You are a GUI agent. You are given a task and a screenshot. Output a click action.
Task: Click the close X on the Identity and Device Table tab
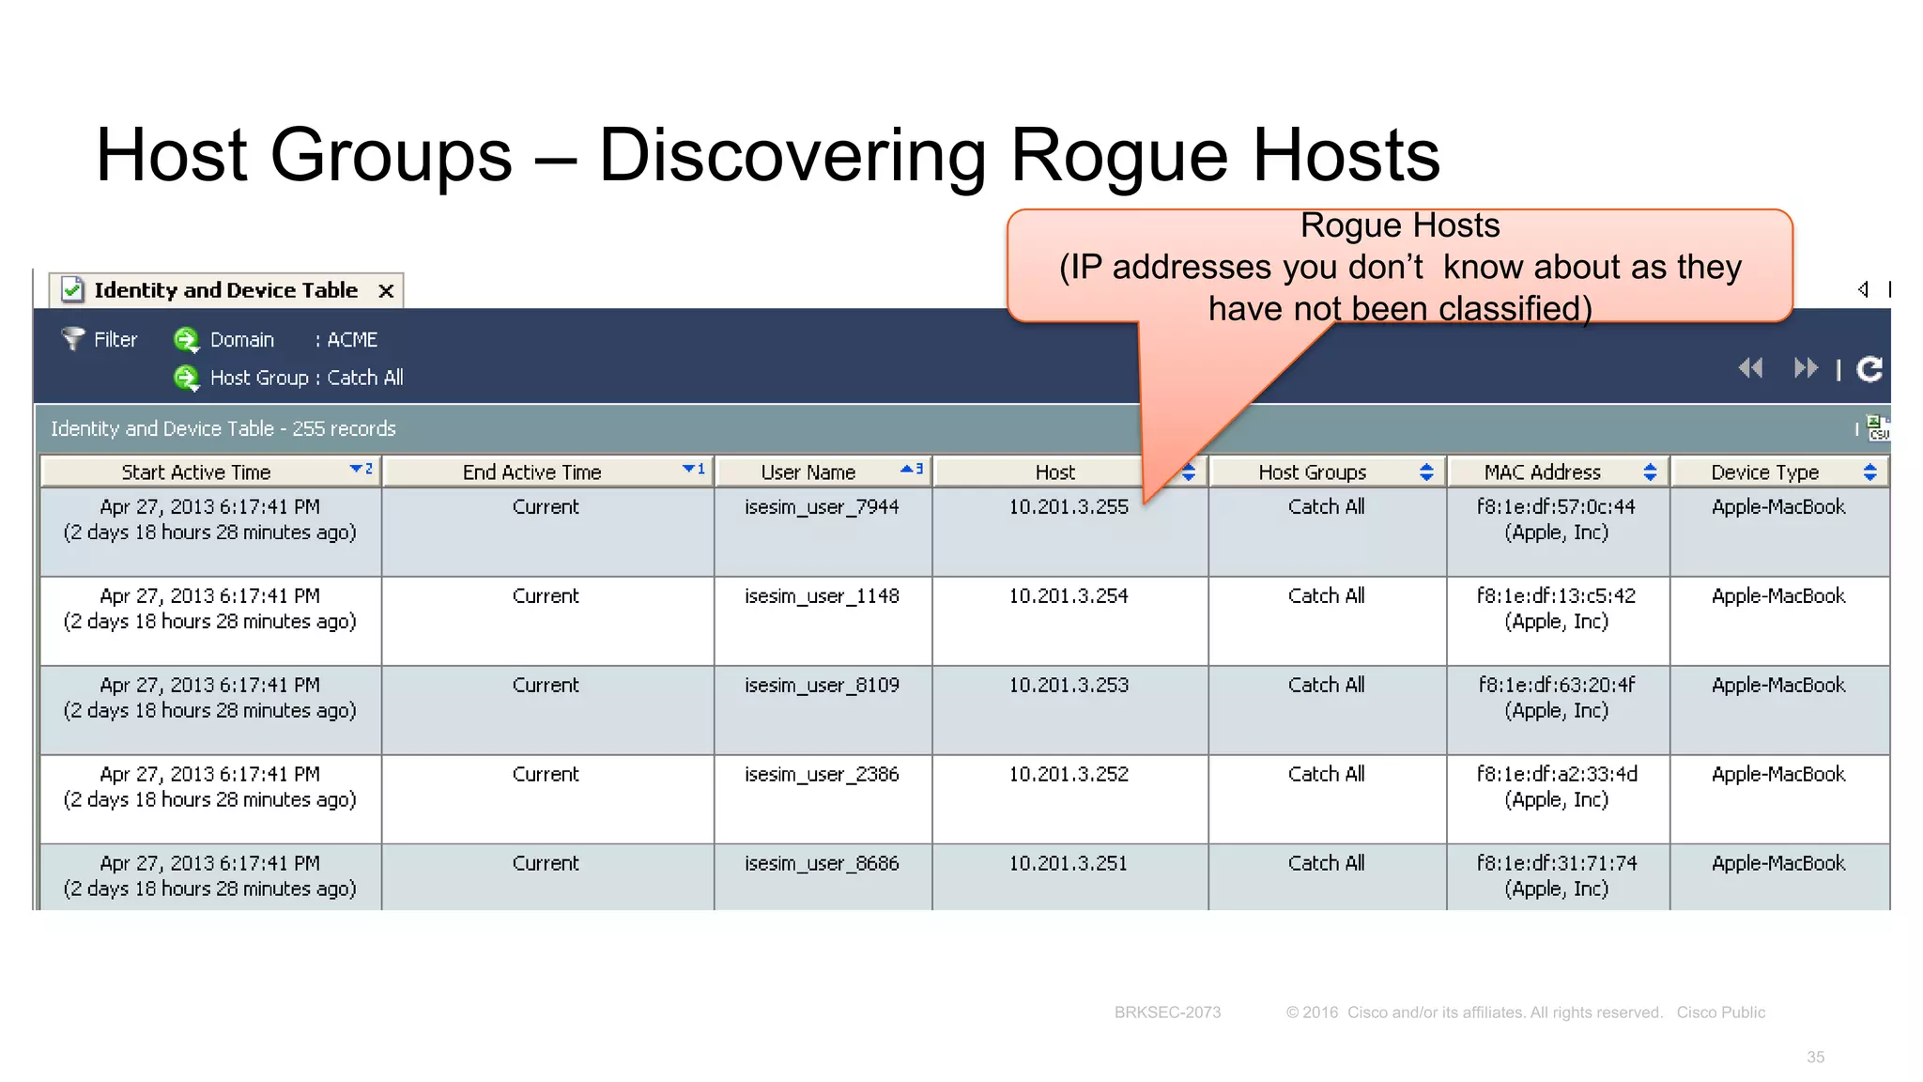coord(385,291)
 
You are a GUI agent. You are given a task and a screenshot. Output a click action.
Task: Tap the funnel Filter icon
coord(72,338)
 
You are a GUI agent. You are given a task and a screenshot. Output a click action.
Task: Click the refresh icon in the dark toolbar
coord(1869,369)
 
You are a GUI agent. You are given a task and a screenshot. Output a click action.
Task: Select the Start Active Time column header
coord(196,472)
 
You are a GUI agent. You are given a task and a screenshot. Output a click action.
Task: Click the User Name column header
coord(808,472)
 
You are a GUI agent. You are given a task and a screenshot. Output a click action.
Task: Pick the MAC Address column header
coord(1542,472)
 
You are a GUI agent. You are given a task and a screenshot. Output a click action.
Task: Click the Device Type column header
coord(1764,472)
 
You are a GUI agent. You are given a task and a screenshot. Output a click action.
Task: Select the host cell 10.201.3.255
coord(1069,507)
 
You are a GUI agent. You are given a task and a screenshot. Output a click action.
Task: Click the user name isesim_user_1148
coord(822,596)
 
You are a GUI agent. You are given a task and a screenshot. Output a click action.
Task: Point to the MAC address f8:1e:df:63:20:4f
coord(1556,686)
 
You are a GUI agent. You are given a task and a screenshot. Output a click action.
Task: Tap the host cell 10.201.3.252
coord(1069,775)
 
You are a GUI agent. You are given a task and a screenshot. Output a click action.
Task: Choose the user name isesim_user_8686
coord(822,864)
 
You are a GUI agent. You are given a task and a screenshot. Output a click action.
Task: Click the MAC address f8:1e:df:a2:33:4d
coord(1556,775)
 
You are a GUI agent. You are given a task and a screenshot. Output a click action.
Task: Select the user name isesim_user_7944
coord(822,507)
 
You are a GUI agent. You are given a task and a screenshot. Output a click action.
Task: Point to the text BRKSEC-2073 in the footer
coord(1167,1012)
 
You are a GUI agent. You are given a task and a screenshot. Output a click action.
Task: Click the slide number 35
coord(1815,1058)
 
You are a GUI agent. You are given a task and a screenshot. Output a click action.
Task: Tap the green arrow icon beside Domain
coord(186,339)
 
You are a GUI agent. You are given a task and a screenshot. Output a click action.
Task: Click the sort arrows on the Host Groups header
coord(1426,472)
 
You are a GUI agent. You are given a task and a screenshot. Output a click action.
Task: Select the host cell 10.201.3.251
coord(1069,864)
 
